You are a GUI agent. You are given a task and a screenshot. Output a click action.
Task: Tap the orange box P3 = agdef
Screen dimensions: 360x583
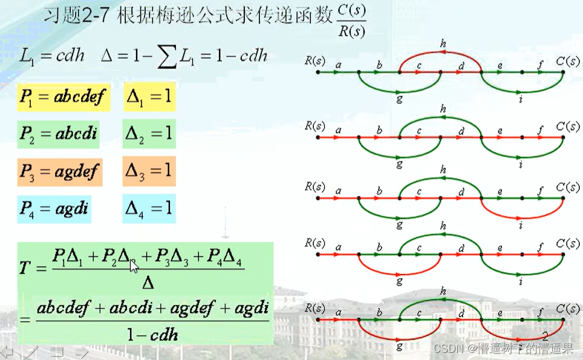(59, 172)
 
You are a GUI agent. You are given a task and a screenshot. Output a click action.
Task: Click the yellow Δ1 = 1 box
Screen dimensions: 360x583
(149, 96)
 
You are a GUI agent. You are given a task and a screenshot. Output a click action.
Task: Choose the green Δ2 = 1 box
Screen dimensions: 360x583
(149, 134)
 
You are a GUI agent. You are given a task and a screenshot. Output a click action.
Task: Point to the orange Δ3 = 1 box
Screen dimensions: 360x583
(149, 171)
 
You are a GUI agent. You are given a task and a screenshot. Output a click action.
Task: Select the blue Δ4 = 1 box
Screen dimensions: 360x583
(149, 209)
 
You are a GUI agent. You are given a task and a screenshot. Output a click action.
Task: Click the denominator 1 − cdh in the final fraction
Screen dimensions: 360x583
(152, 333)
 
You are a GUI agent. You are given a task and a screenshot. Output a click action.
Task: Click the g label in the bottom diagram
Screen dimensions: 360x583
(399, 346)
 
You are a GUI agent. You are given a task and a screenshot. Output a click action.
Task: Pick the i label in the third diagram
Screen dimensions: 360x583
(521, 224)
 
